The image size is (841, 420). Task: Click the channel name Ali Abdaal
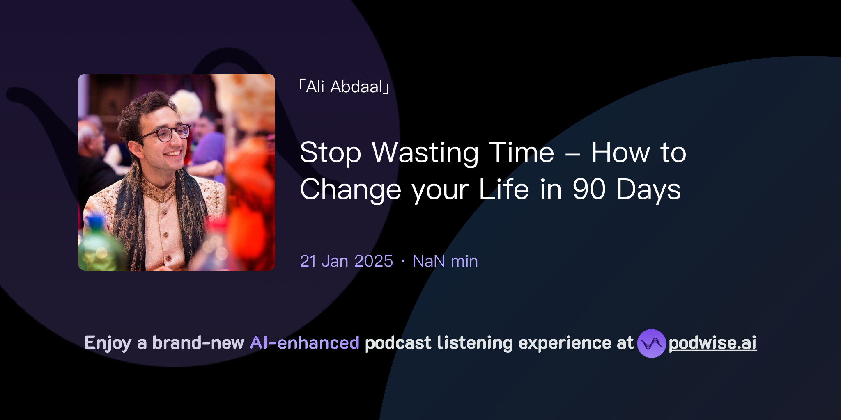(x=344, y=87)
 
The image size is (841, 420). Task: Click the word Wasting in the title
(x=425, y=153)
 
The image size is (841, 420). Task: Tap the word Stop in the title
(x=331, y=153)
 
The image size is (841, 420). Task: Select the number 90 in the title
(x=589, y=189)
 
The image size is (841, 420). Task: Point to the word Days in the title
(x=648, y=189)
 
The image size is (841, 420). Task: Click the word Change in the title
(x=350, y=189)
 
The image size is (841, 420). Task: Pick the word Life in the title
(x=504, y=189)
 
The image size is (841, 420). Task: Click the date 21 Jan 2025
(x=347, y=261)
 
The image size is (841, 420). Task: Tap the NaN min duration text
(x=445, y=261)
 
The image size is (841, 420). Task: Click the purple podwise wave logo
(x=651, y=343)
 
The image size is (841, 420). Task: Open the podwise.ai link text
(x=712, y=343)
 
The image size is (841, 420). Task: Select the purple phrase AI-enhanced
(x=305, y=343)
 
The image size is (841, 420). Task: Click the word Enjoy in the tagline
(x=108, y=343)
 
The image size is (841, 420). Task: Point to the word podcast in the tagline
(x=398, y=343)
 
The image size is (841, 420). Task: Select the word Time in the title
(x=522, y=153)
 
